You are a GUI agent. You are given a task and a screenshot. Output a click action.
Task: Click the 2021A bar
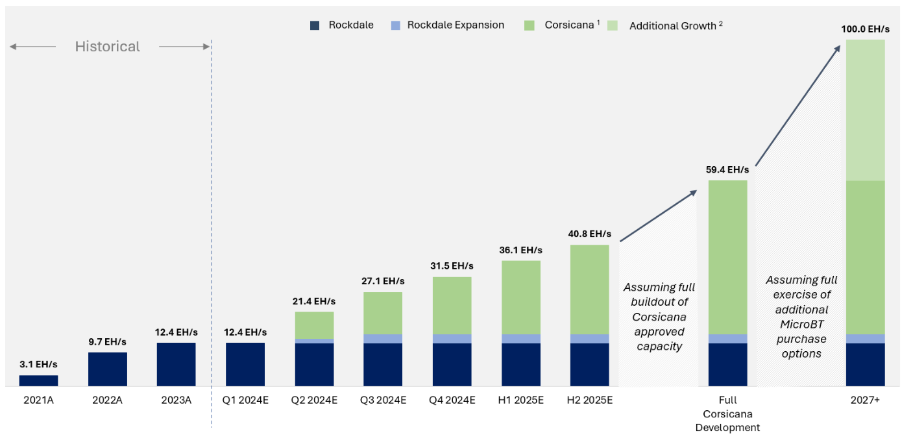(x=38, y=381)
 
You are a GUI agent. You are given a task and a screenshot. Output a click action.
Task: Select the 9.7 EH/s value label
(x=107, y=342)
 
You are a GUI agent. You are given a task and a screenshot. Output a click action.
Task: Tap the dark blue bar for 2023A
(x=176, y=365)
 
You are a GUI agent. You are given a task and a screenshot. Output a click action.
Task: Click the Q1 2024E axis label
(x=245, y=401)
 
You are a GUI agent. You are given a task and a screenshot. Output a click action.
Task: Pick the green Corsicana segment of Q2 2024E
(x=314, y=325)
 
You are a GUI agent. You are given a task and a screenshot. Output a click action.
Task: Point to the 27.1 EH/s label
(x=383, y=282)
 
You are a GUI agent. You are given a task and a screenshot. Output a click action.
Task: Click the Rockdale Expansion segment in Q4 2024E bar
(x=452, y=339)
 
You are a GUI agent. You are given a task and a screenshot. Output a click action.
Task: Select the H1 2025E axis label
(x=521, y=401)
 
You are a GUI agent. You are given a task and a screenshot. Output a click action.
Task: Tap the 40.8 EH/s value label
(x=590, y=234)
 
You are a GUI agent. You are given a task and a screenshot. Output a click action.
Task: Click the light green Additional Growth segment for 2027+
(x=865, y=110)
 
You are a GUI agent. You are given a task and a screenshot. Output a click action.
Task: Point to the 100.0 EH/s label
(x=865, y=29)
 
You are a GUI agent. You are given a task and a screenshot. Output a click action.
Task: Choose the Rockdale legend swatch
(x=315, y=25)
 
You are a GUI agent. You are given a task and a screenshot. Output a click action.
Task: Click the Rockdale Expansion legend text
(x=456, y=25)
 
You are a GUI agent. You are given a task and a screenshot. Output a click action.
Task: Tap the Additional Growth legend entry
(x=675, y=26)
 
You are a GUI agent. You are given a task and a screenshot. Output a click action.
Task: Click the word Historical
(x=107, y=47)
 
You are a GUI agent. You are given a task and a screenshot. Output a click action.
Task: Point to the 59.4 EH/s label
(x=727, y=170)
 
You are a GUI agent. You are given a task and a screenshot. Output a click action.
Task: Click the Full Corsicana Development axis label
(x=727, y=414)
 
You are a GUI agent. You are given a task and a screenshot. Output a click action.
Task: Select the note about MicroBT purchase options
(x=801, y=317)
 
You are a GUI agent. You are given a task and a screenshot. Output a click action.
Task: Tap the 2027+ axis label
(x=865, y=401)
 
